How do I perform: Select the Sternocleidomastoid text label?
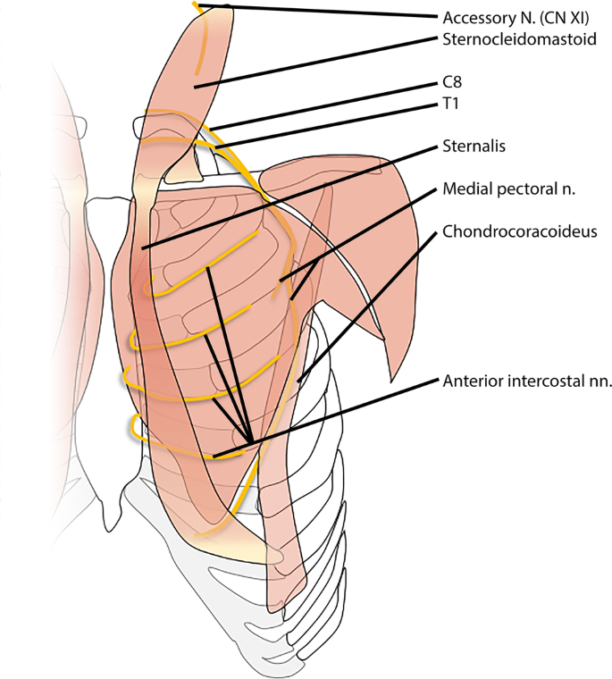(519, 40)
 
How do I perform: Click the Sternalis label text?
(469, 145)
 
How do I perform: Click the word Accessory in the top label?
(477, 17)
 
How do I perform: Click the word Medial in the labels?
(465, 190)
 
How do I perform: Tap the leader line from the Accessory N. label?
(313, 12)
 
